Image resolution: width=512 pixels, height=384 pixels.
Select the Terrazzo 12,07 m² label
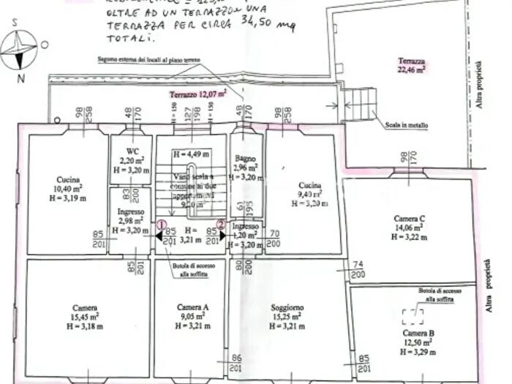(x=197, y=94)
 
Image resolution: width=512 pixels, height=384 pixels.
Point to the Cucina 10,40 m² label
(x=67, y=189)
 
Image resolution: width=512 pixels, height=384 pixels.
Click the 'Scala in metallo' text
(x=407, y=125)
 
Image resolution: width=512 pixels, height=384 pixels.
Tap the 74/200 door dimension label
(x=358, y=269)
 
